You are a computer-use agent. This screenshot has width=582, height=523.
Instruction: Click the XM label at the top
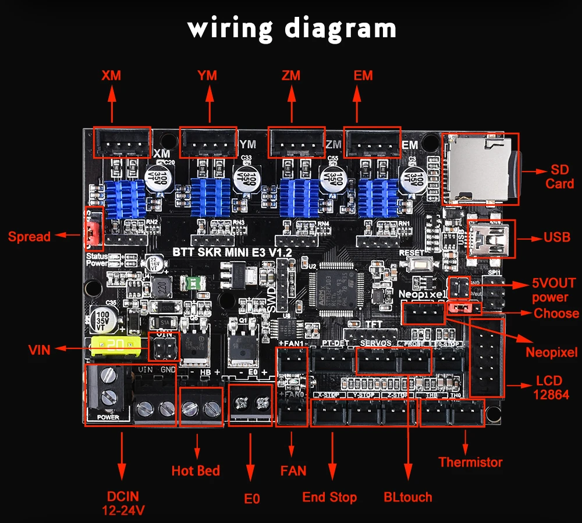[111, 76]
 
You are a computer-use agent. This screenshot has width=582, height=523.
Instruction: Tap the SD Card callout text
[559, 177]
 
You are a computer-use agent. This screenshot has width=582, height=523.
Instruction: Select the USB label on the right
[556, 237]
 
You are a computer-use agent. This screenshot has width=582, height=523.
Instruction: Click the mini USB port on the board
[491, 239]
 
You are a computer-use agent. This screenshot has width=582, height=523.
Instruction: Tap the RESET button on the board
[420, 265]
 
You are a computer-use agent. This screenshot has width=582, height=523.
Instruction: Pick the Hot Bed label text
[196, 470]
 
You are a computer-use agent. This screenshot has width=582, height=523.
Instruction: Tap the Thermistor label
[470, 462]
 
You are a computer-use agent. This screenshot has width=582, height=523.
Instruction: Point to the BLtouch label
[408, 497]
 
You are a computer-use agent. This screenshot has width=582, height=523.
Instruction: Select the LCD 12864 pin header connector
[486, 358]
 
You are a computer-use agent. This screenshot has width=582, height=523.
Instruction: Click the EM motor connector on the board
[372, 142]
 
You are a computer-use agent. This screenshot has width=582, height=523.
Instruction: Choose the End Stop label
[329, 497]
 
